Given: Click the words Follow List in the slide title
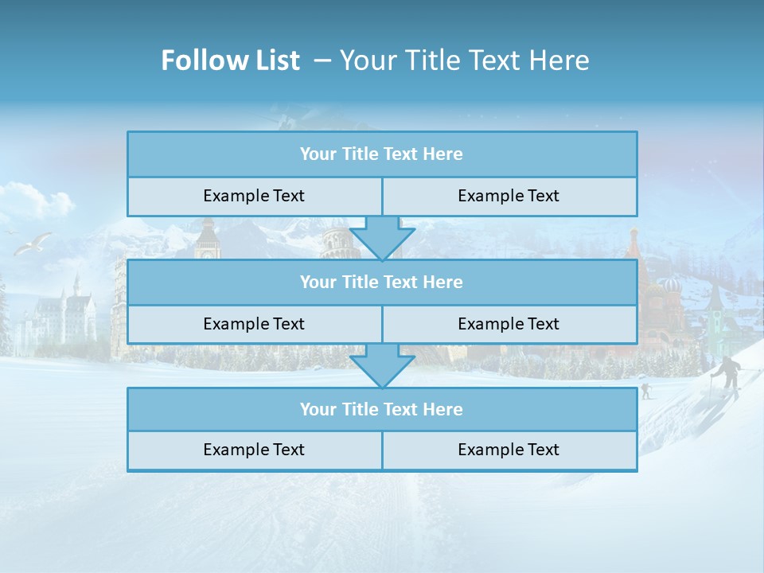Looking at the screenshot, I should click(230, 60).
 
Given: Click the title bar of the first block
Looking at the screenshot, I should click(382, 154).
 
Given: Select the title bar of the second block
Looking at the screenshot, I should click(382, 282).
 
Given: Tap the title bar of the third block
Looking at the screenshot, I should click(382, 409).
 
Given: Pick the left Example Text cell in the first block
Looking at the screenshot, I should click(254, 197).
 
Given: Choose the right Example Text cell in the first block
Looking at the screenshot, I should click(509, 197).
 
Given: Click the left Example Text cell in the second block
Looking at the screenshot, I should click(254, 324).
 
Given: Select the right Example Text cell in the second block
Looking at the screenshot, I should click(509, 324).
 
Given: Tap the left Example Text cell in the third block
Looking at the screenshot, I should click(254, 450).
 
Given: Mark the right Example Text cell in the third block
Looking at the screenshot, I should click(509, 450).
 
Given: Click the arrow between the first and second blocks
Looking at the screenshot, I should click(382, 239).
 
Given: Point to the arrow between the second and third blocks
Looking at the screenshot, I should click(382, 367).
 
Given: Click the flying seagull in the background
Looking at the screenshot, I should click(33, 243).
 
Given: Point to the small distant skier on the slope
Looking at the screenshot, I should click(645, 390).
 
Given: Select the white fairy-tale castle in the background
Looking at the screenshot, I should click(64, 314).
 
